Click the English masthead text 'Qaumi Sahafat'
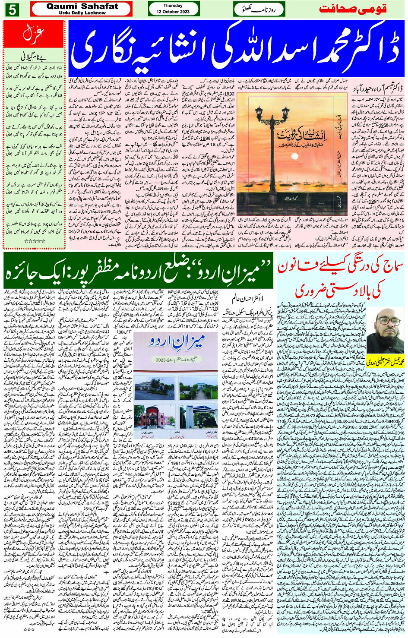(82, 6)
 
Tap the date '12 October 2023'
(173, 12)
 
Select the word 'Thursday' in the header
(173, 6)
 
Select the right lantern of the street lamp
(285, 114)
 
